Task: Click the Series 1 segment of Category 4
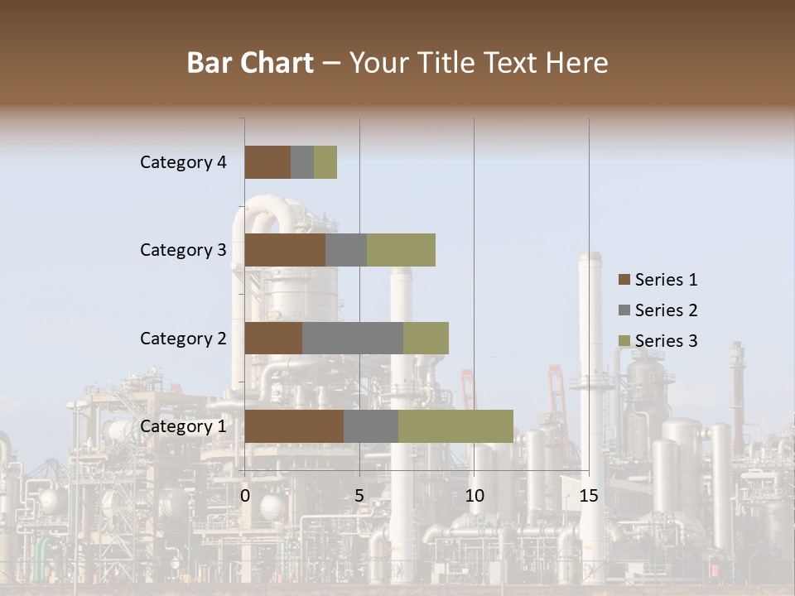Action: click(267, 162)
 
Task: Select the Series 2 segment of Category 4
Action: click(302, 162)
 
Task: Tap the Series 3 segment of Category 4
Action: click(325, 162)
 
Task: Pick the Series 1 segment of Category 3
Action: click(285, 250)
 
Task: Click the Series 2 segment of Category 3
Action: click(346, 250)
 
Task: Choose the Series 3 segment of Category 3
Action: click(401, 250)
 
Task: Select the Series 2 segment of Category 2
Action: click(353, 338)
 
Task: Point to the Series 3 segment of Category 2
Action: click(426, 338)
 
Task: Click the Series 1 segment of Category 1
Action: click(294, 426)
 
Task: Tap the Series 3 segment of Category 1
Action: click(455, 426)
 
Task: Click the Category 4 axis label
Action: click(183, 162)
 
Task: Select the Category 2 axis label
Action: click(183, 338)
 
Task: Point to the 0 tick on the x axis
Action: click(245, 496)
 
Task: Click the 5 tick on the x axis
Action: click(359, 496)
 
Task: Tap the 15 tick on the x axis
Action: click(589, 496)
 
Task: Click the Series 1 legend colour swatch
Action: click(624, 280)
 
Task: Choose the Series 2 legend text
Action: click(666, 310)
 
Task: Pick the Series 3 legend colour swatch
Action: click(624, 341)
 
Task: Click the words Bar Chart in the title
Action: click(250, 63)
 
